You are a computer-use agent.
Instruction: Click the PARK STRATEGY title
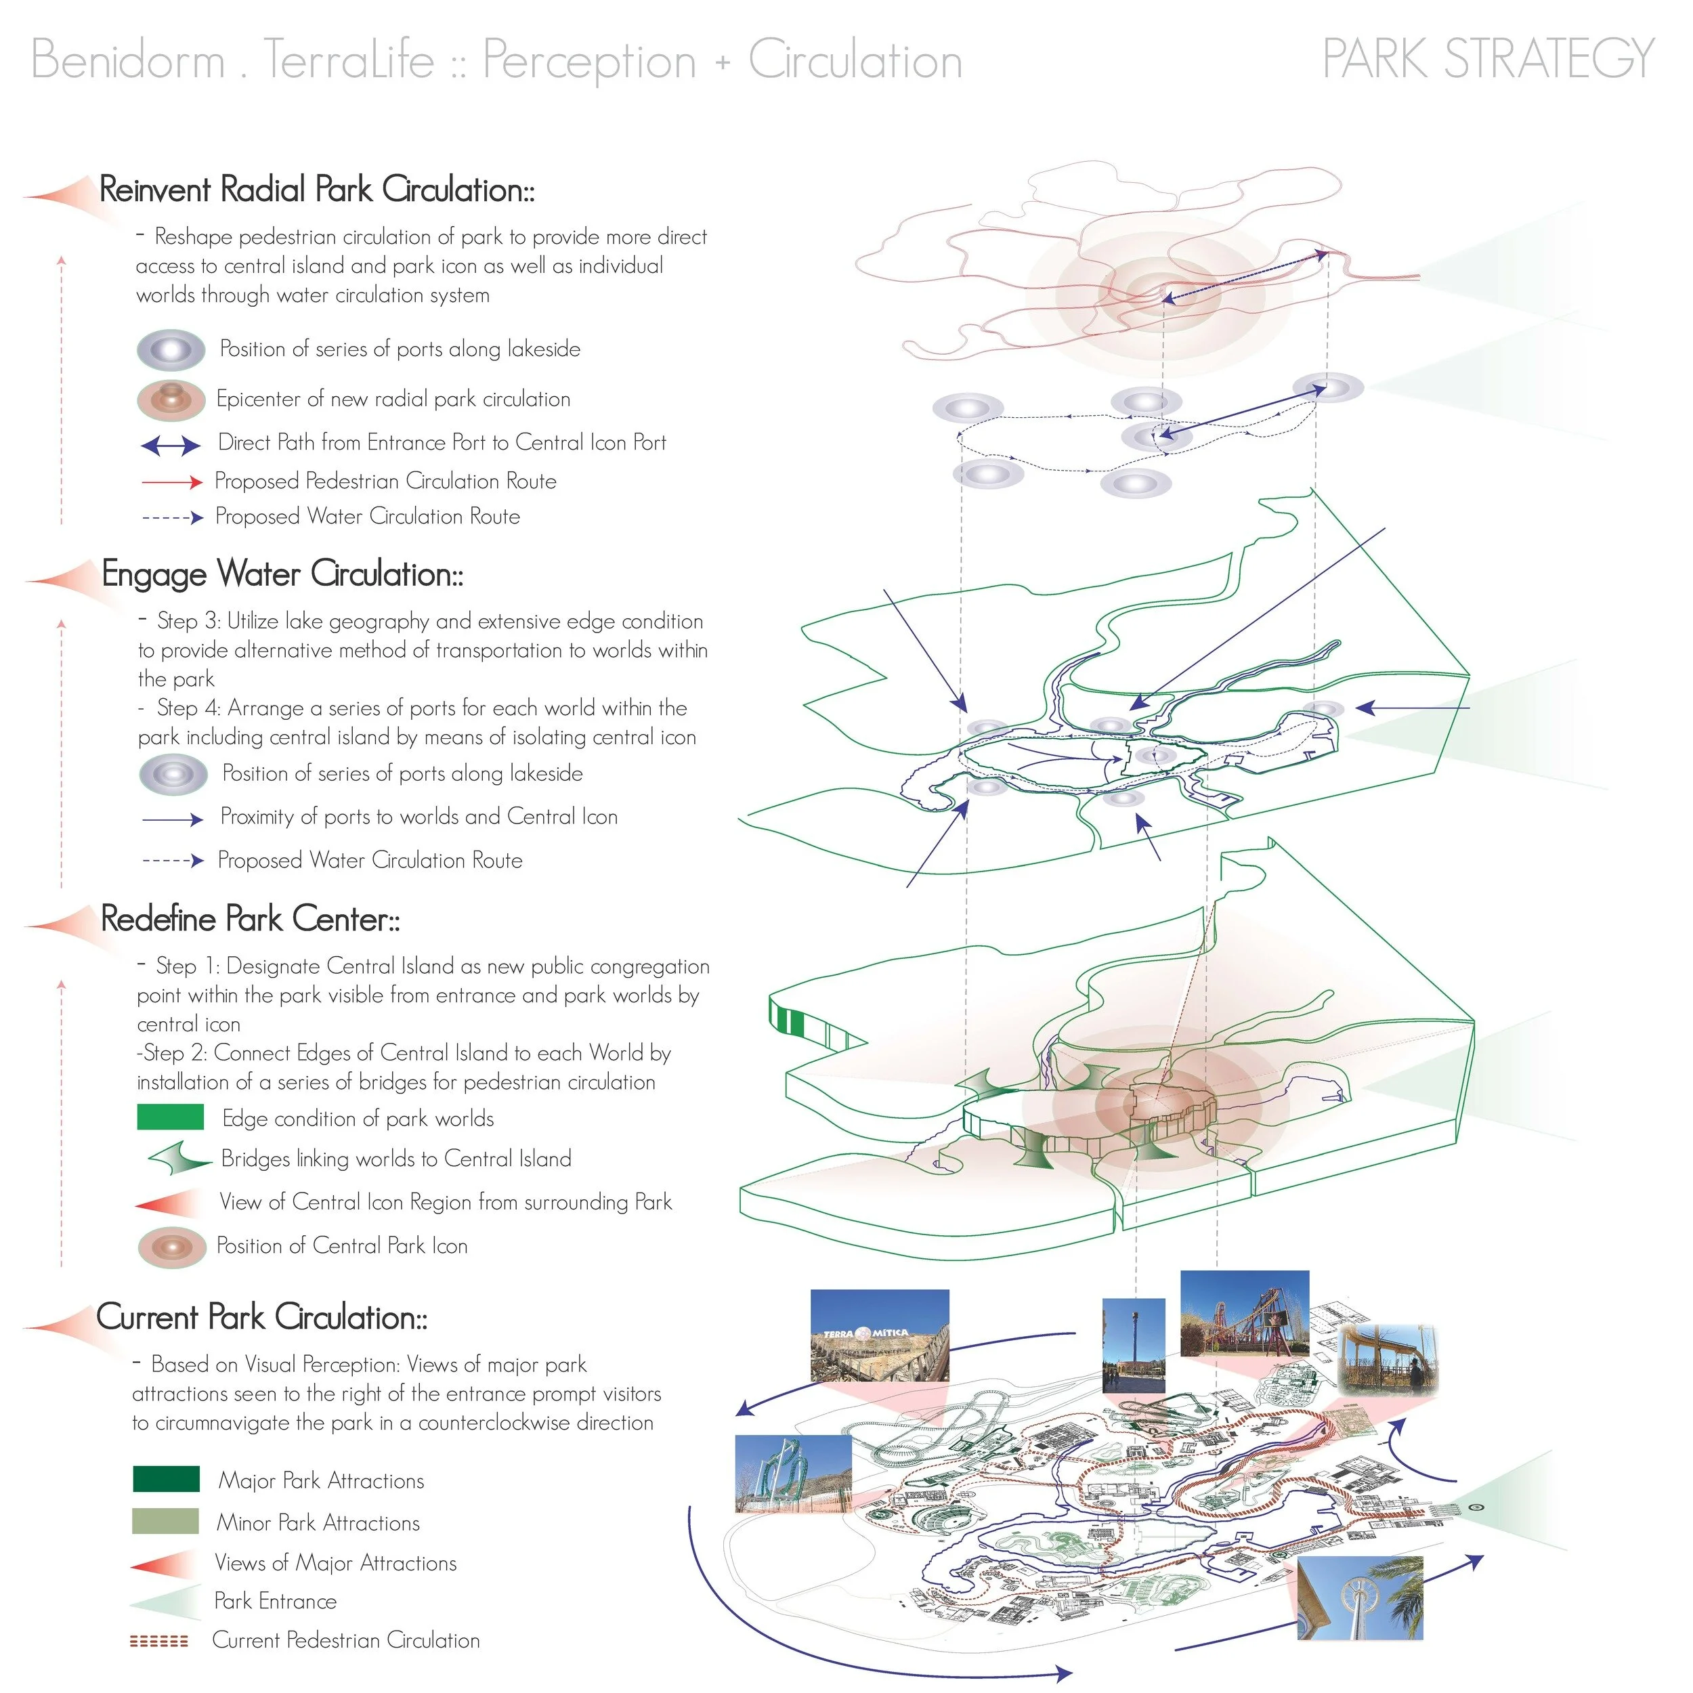pos(1488,59)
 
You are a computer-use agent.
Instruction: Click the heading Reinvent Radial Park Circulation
pos(317,190)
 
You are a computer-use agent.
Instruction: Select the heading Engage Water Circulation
pos(282,574)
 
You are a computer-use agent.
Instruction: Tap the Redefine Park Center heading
pos(251,918)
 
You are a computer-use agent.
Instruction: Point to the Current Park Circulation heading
pos(262,1317)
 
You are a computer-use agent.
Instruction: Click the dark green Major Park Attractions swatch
pos(167,1479)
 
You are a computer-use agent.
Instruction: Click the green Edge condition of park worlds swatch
pos(171,1117)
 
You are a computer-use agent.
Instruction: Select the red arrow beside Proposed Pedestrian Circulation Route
pos(172,481)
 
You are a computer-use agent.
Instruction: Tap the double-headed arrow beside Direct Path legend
pos(171,446)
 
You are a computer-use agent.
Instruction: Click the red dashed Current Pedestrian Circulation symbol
pos(158,1640)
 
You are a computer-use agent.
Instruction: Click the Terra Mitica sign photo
pos(880,1336)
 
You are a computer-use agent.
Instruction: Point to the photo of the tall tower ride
pos(1134,1346)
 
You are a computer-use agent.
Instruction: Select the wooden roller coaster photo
pos(1245,1314)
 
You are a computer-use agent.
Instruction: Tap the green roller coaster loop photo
pos(793,1474)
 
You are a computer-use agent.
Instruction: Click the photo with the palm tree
pos(1359,1598)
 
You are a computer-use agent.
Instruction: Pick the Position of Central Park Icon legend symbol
pos(172,1247)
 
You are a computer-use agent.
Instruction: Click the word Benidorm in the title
pos(128,60)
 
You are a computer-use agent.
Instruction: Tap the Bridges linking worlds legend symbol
pos(179,1159)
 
